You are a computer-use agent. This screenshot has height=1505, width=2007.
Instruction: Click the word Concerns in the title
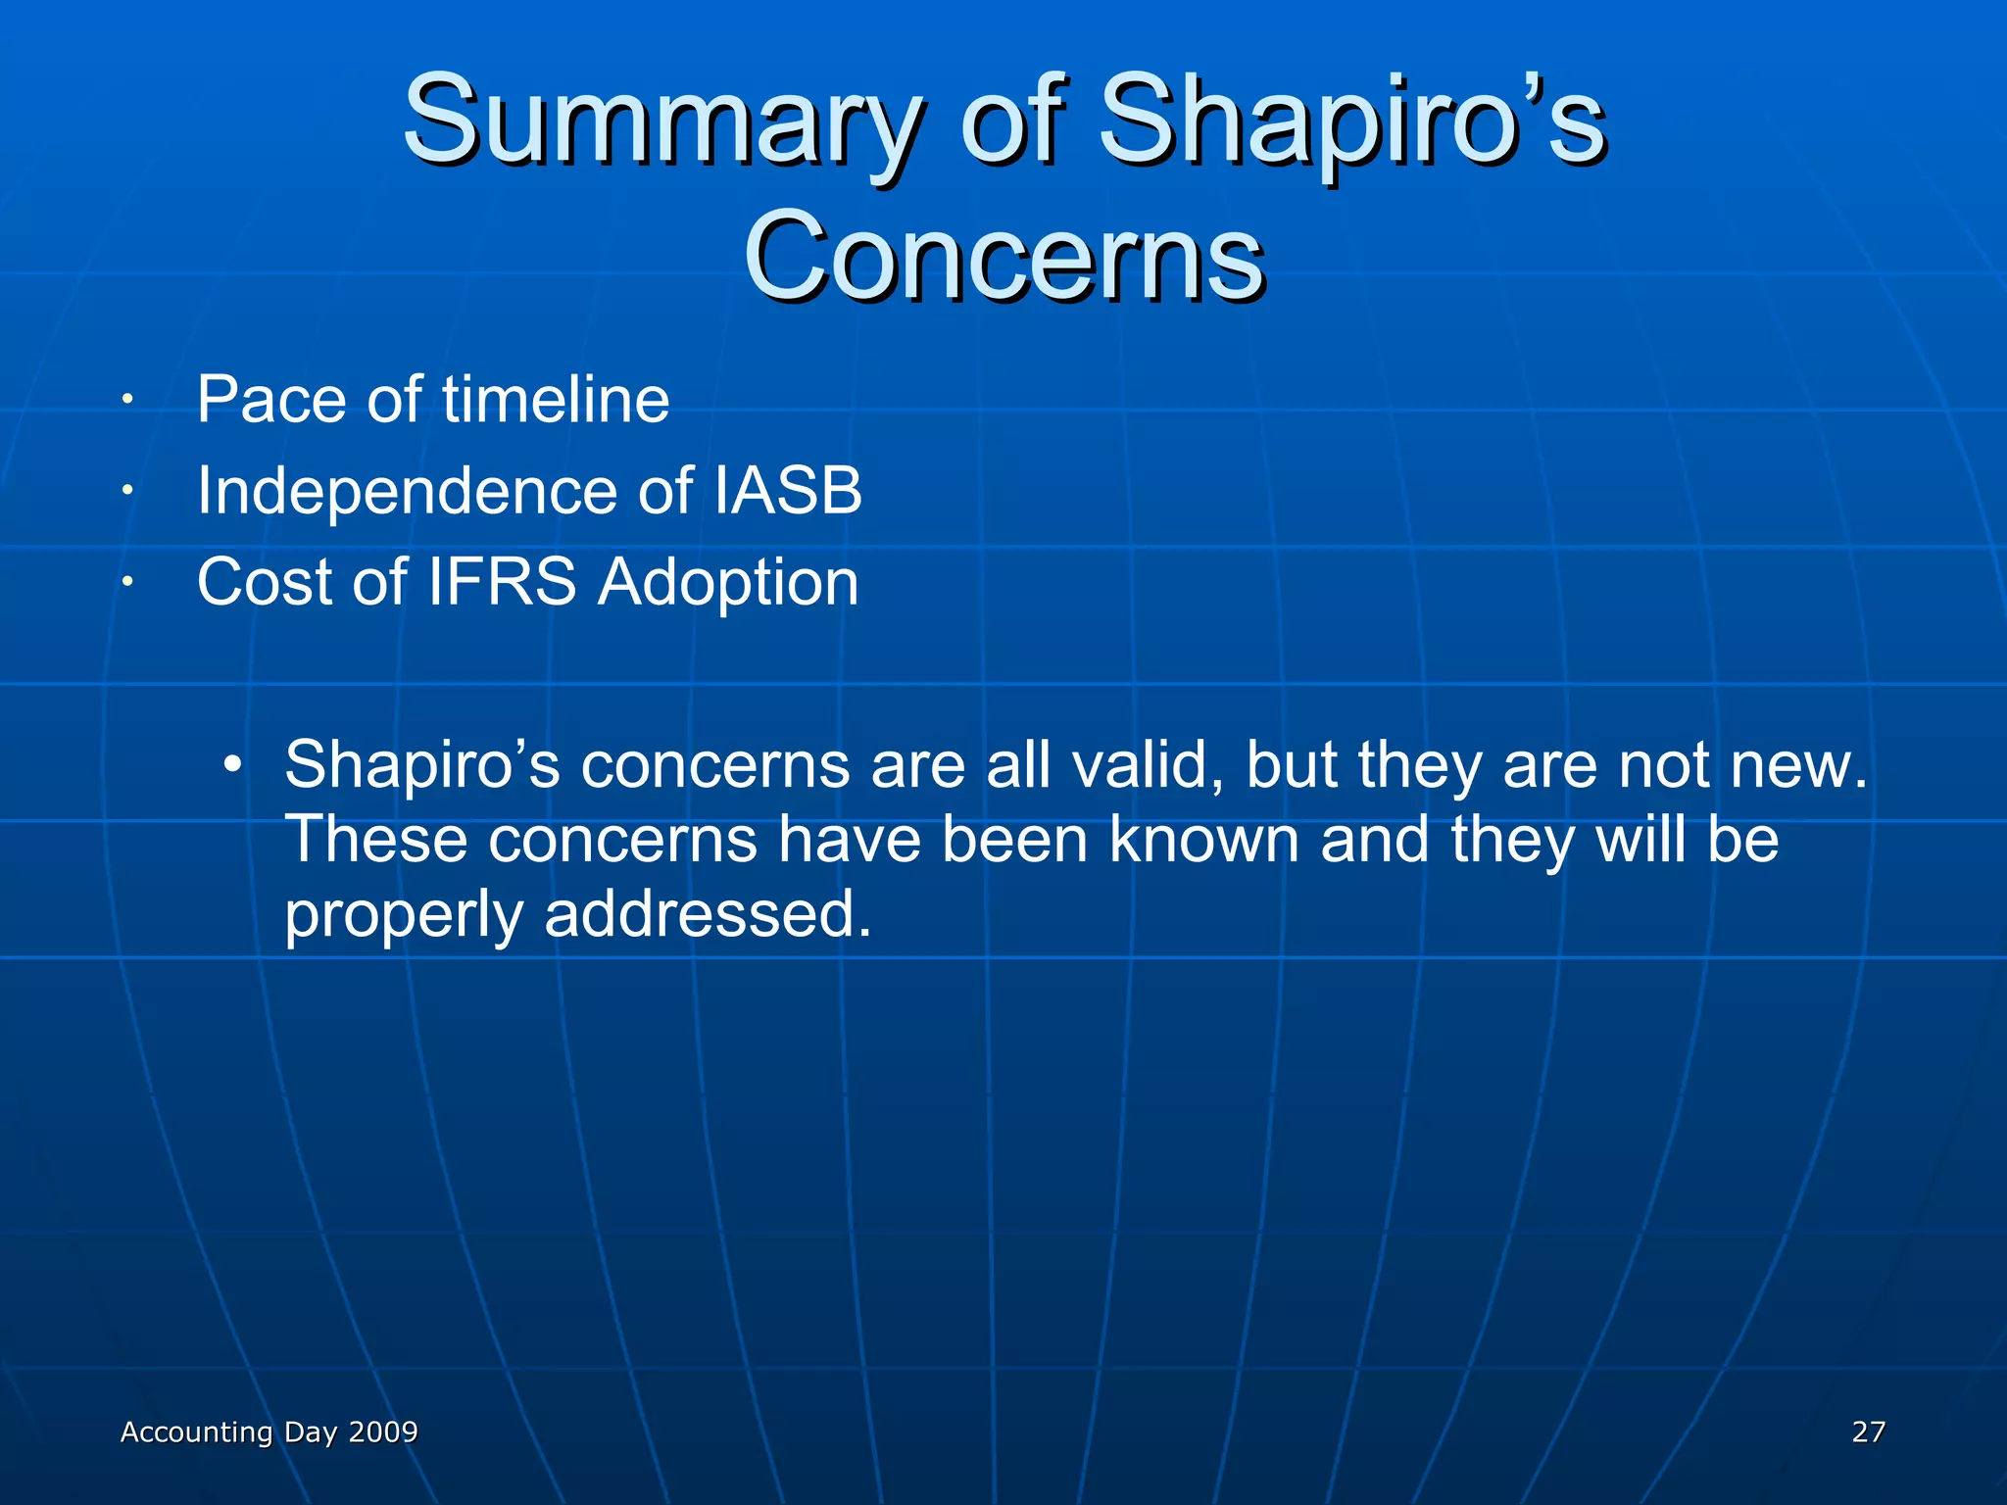tap(1003, 258)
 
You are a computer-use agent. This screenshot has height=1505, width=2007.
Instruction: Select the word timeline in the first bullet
tap(556, 400)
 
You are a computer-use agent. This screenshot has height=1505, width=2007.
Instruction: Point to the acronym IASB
tap(788, 490)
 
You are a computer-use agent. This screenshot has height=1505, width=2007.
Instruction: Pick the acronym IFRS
tap(502, 582)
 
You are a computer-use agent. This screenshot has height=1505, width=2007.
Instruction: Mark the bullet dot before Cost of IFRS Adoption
tap(126, 582)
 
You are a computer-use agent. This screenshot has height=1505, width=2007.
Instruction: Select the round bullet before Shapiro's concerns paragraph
tap(231, 764)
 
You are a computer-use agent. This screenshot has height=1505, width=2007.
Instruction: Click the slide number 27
tap(1868, 1432)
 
